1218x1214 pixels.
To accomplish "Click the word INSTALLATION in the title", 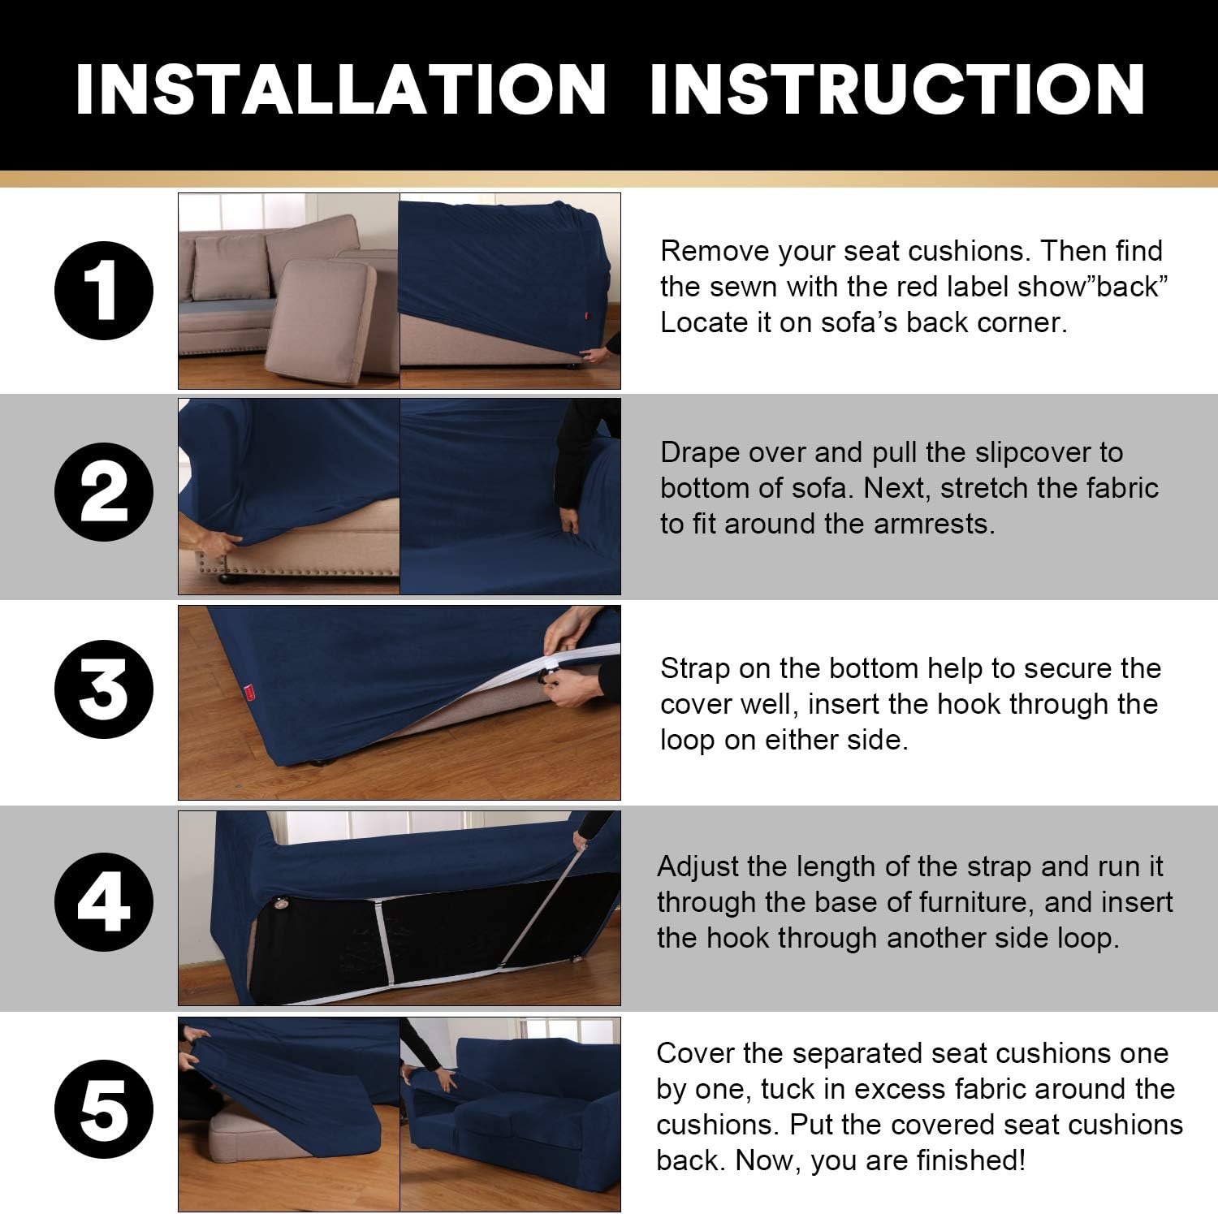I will (x=341, y=89).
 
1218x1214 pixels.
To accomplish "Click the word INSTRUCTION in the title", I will (x=897, y=89).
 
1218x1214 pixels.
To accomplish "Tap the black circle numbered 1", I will (x=103, y=291).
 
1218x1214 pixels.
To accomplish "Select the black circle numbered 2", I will (x=103, y=492).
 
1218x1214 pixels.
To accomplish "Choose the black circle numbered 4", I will (x=103, y=901).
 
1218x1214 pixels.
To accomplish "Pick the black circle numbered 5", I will (x=103, y=1109).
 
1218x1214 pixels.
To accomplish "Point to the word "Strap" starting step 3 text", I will (x=697, y=668).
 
